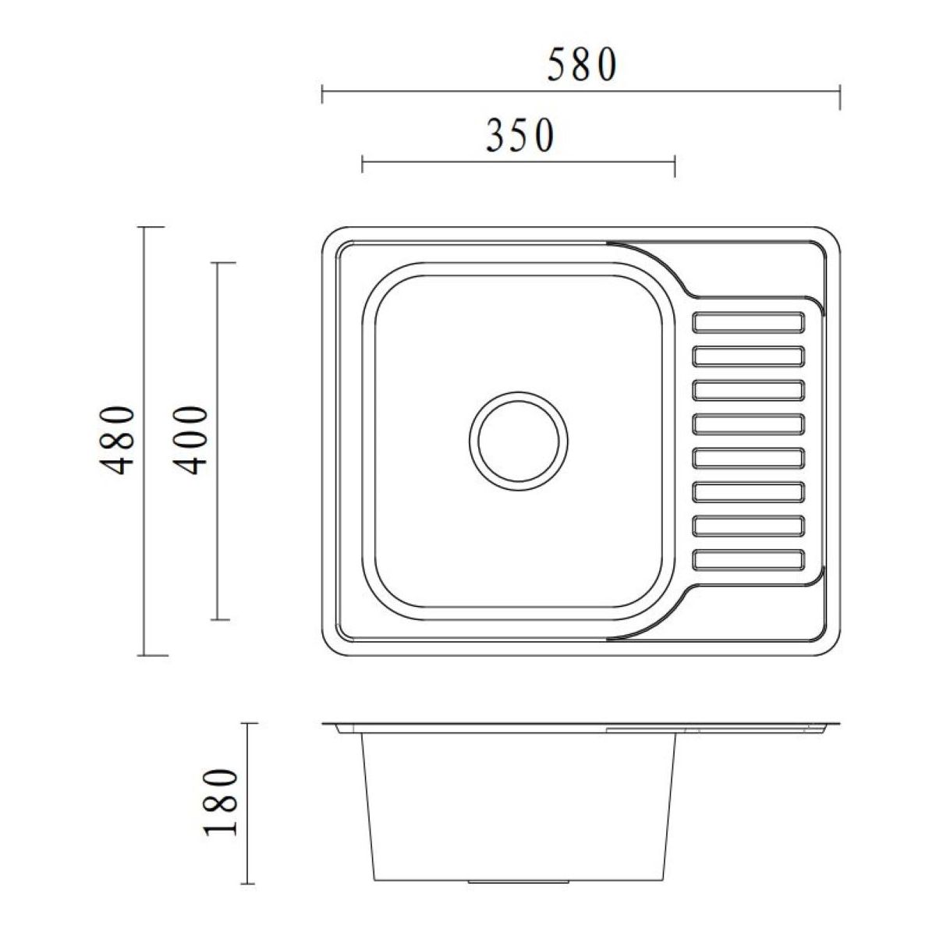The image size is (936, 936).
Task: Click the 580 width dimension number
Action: pos(582,65)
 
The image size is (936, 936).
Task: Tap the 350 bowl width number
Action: pos(519,136)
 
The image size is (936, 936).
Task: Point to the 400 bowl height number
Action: pos(190,441)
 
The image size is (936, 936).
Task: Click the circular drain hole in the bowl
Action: pos(518,441)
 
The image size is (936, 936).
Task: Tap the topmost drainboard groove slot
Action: pos(749,323)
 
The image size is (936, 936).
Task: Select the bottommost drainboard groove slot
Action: pos(749,559)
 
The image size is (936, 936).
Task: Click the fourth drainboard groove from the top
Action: pos(749,424)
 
